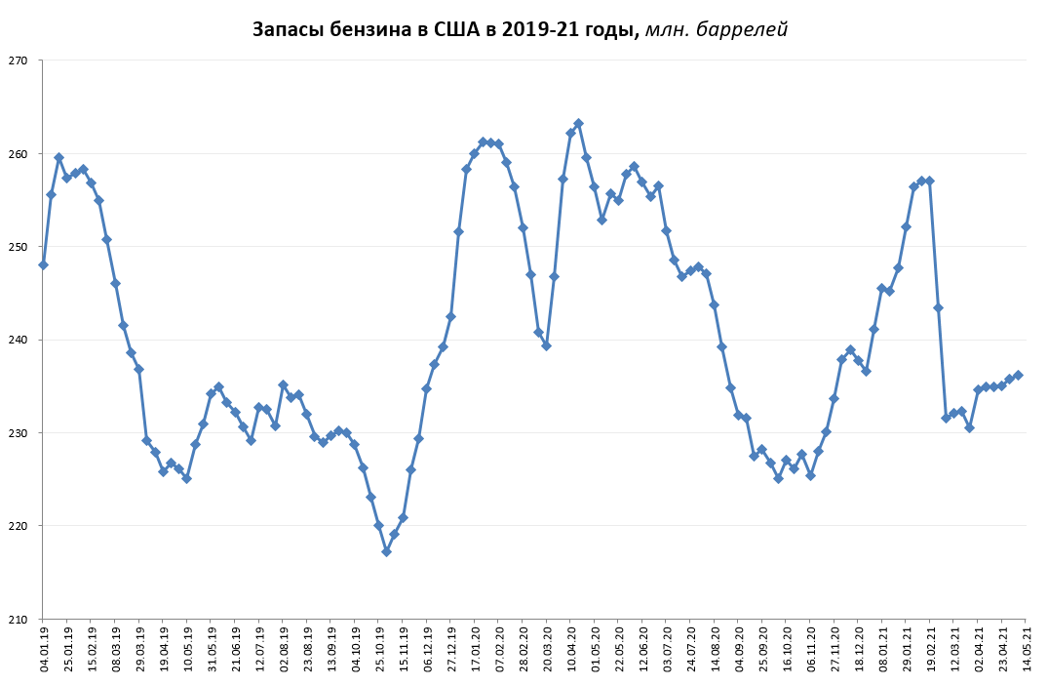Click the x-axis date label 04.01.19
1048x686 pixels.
tap(44, 649)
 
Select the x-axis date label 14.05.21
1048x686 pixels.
tap(1026, 649)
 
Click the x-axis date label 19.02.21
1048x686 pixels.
tap(930, 649)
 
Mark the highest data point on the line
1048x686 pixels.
tap(578, 123)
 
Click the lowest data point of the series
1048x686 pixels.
tap(386, 551)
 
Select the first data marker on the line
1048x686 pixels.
tap(43, 264)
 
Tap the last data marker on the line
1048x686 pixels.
tap(1018, 375)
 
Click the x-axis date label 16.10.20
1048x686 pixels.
tap(787, 649)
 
